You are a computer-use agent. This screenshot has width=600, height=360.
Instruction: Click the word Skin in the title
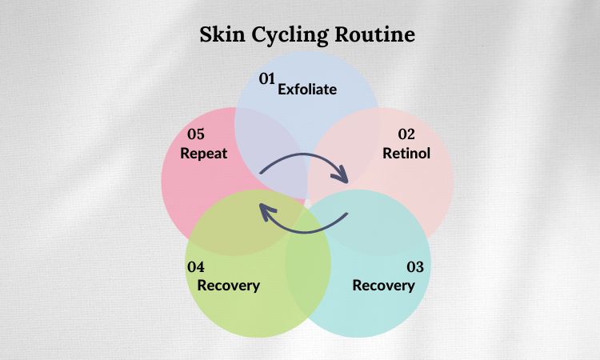click(x=222, y=34)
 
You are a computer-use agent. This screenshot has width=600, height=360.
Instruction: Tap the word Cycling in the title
click(x=290, y=35)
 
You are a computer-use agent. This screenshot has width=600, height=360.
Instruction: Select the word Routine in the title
click(x=375, y=34)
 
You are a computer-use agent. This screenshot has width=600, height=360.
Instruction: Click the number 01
click(x=267, y=78)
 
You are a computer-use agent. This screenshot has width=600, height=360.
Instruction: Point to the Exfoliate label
click(x=307, y=89)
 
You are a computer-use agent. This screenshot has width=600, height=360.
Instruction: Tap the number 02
click(x=406, y=134)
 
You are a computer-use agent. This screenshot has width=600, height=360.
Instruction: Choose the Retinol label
click(x=406, y=153)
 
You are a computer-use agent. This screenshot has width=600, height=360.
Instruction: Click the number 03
click(x=415, y=266)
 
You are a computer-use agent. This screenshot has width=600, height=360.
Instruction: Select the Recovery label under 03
click(x=383, y=286)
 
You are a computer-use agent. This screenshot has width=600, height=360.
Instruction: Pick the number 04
click(x=196, y=266)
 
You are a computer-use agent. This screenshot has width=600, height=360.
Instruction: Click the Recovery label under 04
click(x=229, y=286)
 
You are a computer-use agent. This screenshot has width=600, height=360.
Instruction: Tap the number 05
click(x=196, y=134)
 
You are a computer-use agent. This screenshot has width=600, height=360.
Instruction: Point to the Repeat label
click(x=203, y=154)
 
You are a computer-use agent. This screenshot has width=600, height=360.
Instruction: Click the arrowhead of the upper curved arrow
click(x=341, y=176)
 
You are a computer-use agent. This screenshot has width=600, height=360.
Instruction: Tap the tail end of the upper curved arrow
click(x=260, y=173)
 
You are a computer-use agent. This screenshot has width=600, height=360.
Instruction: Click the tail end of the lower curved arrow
click(x=346, y=214)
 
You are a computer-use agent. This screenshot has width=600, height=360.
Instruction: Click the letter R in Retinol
click(x=387, y=153)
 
